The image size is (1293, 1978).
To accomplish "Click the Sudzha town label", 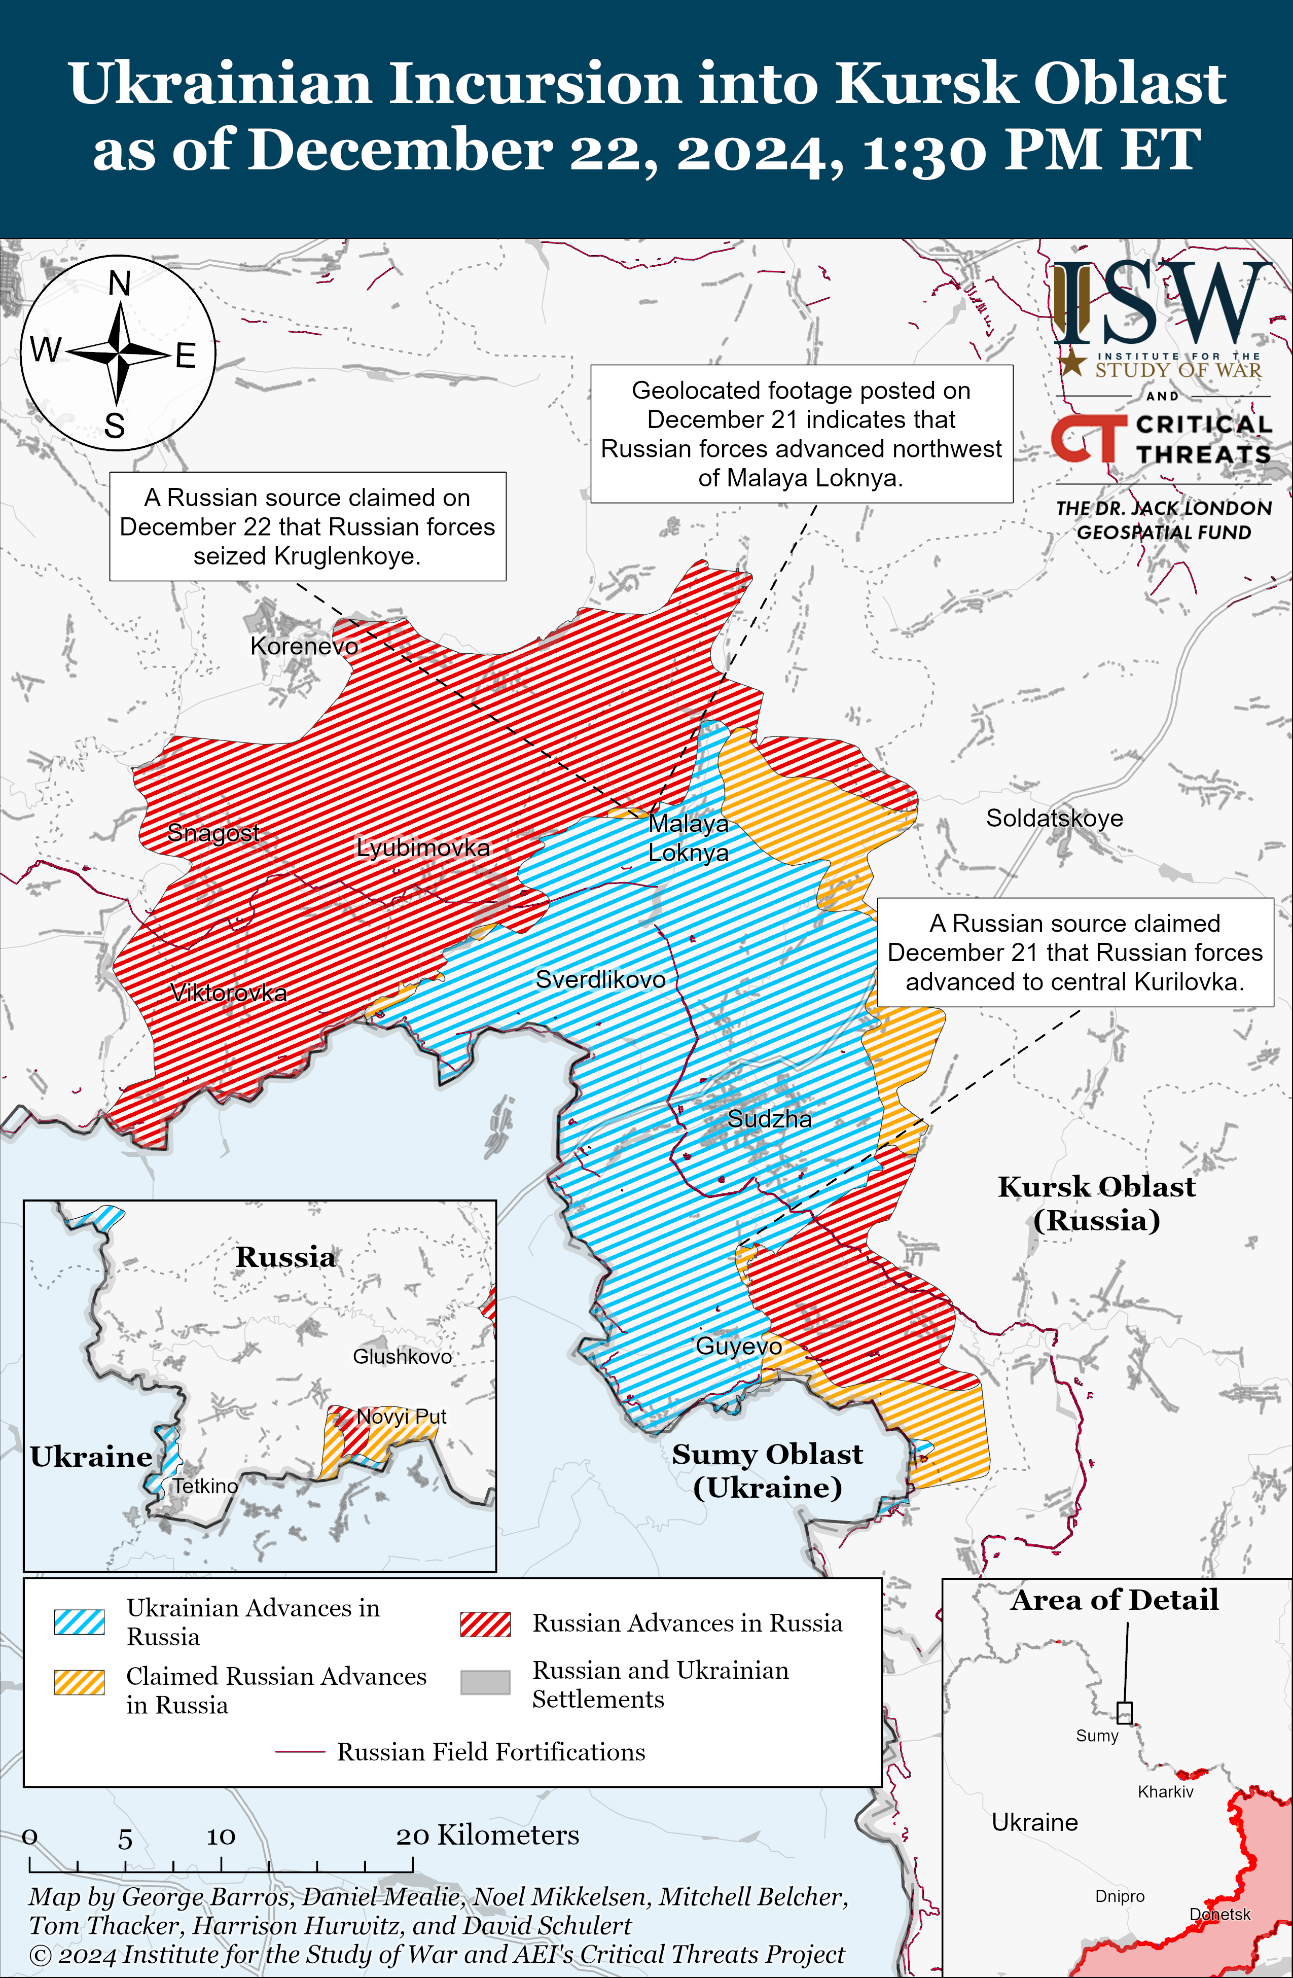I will point(770,1119).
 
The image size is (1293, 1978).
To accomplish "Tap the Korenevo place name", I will point(304,646).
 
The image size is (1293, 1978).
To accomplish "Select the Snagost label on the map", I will point(213,832).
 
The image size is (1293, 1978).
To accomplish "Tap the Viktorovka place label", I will point(229,993).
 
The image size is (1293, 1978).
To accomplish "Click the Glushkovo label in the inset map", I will point(402,1356).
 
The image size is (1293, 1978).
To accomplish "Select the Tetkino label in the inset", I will point(204,1486).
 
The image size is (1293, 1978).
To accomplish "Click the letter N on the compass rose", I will point(120,284).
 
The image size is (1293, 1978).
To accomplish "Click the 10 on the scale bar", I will point(221,1836).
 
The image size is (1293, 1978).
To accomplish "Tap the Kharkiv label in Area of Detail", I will point(1165,1792).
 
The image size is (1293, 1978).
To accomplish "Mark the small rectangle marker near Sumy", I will point(1124,1712).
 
